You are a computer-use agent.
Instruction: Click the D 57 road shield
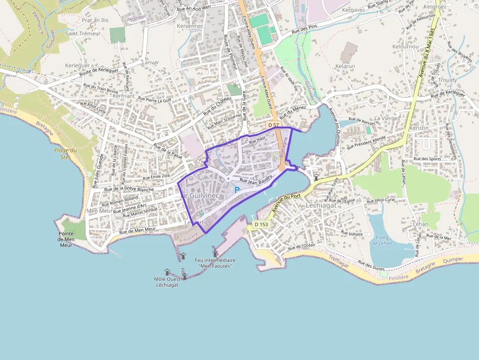coord(273,126)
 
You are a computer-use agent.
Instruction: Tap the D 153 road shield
coord(261,224)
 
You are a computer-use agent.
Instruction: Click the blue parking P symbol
coord(237,190)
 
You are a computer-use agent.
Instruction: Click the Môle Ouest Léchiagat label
coord(166,282)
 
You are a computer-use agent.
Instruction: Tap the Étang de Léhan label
coord(380,240)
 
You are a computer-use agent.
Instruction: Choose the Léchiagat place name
coord(322,206)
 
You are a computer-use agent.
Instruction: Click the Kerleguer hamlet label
coord(77,65)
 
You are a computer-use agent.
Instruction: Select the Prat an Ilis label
coord(94,21)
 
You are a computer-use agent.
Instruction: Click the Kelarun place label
coord(345,65)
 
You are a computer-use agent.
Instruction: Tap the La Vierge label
coord(386,118)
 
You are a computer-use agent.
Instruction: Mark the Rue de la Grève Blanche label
coord(130,189)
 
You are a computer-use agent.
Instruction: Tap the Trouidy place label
coord(447,80)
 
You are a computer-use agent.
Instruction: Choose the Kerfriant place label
coord(124,96)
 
